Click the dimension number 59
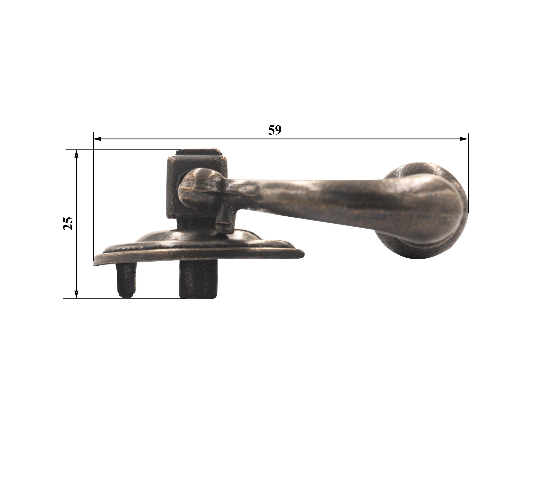275,130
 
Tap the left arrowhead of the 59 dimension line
97,139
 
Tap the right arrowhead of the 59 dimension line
464,139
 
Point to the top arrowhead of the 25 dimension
76,154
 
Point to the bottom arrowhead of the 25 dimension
76,294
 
